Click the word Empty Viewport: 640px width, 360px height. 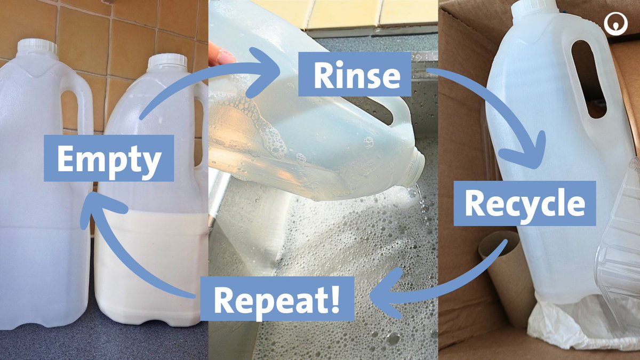pos(109,158)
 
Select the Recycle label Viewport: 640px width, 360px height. pos(524,203)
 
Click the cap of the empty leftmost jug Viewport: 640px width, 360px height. pos(37,46)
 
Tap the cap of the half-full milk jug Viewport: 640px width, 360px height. pos(167,60)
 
